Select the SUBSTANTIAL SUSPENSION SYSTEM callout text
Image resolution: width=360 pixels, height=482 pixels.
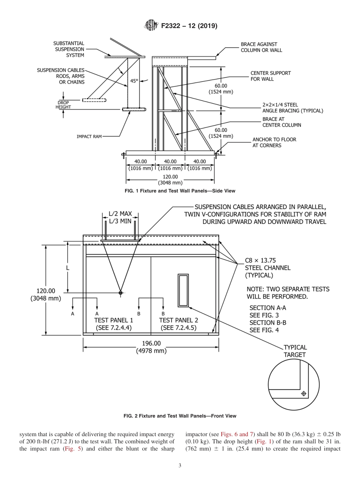pos(69,49)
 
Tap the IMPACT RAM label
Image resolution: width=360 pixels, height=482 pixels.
pos(89,136)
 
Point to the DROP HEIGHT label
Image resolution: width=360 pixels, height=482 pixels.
pos(63,105)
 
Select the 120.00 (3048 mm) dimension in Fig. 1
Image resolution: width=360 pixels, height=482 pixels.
pos(170,179)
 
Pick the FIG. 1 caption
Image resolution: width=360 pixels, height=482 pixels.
pos(180,191)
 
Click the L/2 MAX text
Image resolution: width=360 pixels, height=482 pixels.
pos(120,214)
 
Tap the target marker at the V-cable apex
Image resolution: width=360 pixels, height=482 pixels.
pos(121,293)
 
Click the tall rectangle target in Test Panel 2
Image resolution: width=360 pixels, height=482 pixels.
pos(183,290)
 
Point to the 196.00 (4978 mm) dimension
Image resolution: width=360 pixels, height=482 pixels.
pos(151,347)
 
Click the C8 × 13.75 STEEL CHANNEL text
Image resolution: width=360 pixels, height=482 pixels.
pos(268,268)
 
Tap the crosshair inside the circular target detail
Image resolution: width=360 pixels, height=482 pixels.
pos(303,394)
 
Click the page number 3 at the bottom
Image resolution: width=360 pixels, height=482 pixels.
pos(180,466)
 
